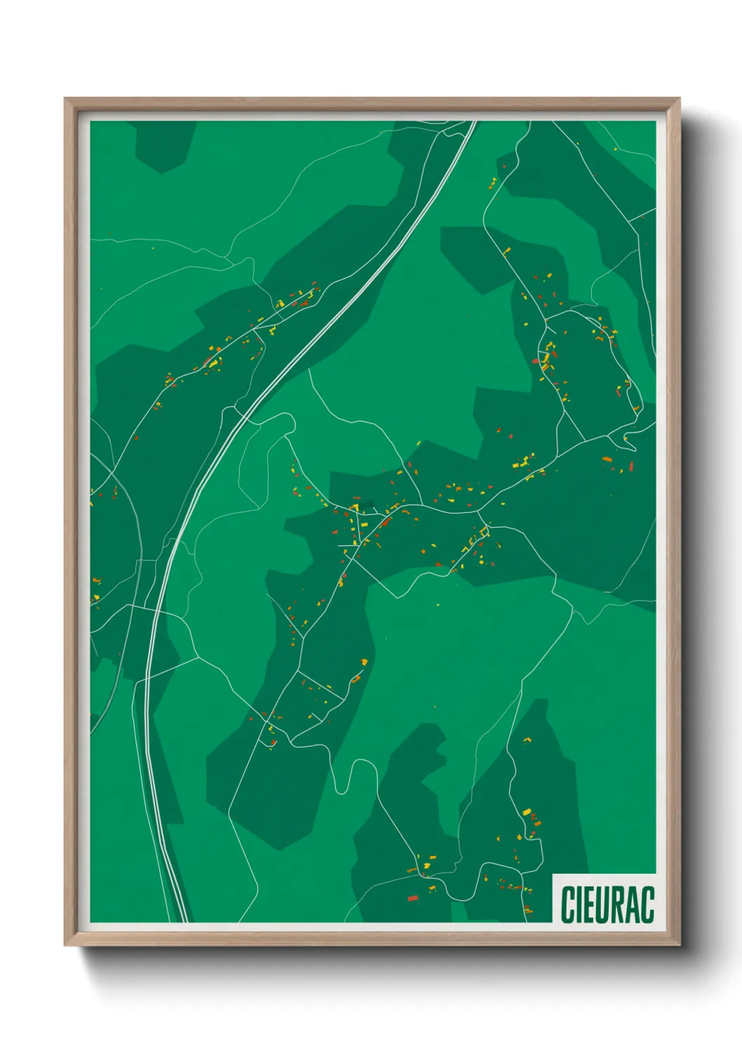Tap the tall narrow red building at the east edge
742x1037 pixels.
631,466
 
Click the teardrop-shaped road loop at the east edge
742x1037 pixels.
630,441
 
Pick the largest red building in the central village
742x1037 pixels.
384,521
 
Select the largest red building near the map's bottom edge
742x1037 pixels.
413,898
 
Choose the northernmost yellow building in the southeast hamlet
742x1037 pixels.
526,811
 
